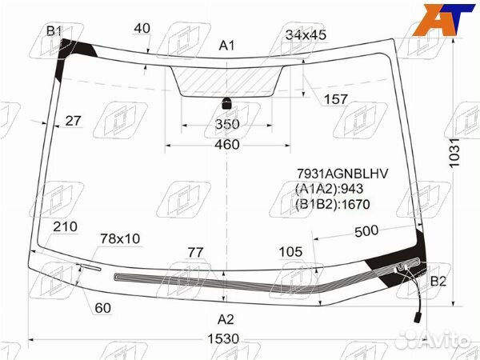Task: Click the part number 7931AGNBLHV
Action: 342,174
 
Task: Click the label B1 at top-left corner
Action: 54,31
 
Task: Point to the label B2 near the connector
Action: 438,281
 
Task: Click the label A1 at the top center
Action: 226,46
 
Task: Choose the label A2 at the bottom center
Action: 226,319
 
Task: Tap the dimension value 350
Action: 227,125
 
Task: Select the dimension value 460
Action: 227,145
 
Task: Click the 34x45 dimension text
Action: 306,34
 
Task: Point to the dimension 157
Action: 335,99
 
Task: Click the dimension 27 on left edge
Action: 73,121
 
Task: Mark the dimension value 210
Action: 65,226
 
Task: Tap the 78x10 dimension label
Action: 119,238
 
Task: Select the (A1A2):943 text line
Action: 330,189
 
